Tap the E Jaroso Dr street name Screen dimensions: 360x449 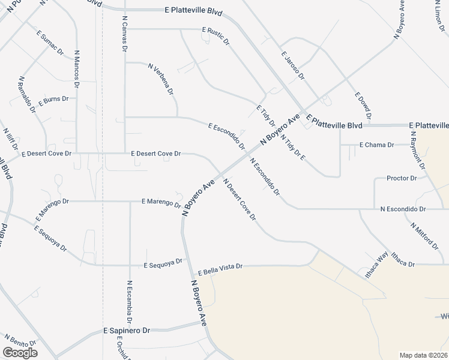[x=293, y=66]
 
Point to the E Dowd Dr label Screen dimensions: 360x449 [x=363, y=106]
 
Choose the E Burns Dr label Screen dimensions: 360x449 [x=53, y=101]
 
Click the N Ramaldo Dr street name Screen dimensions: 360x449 [x=27, y=93]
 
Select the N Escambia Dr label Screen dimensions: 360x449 [x=128, y=302]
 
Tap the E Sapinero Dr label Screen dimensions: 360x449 [x=126, y=331]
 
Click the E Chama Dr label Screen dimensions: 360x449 [x=376, y=145]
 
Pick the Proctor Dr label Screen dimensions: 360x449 [x=402, y=178]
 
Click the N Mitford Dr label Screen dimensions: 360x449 [x=424, y=235]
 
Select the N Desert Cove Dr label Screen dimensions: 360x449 [x=240, y=199]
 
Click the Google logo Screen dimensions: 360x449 [x=20, y=353]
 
